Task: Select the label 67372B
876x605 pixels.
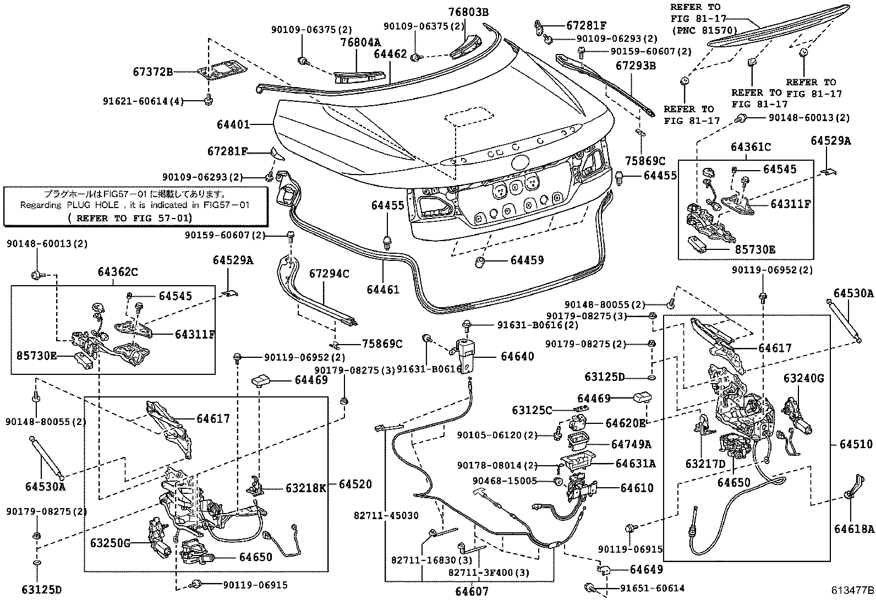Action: [x=152, y=72]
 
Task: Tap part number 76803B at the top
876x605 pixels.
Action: [x=468, y=12]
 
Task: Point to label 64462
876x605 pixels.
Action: [x=390, y=54]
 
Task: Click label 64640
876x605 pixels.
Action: [x=517, y=357]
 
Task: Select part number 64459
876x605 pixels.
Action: [x=527, y=260]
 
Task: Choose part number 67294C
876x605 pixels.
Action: [x=328, y=273]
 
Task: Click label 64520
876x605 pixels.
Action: [x=355, y=484]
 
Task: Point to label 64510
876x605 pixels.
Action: [x=856, y=444]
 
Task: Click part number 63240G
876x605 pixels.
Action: [x=804, y=378]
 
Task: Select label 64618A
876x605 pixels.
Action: [x=854, y=529]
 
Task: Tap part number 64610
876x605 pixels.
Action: [x=637, y=488]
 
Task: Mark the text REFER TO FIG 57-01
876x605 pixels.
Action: [x=130, y=217]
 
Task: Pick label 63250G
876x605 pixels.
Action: [x=111, y=544]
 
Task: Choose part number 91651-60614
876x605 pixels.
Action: [x=653, y=588]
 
